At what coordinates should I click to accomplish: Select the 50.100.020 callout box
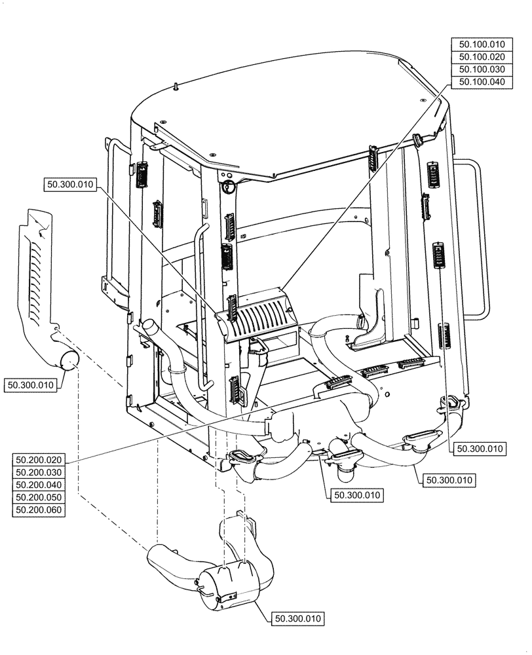click(x=481, y=57)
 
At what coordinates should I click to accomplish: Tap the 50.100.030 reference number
click(x=481, y=69)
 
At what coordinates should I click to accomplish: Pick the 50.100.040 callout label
click(x=481, y=82)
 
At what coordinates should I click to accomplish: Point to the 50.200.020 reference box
click(x=38, y=460)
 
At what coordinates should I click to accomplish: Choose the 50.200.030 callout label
click(x=38, y=473)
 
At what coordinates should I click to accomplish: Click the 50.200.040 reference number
click(x=38, y=485)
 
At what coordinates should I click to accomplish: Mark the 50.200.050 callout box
click(x=38, y=498)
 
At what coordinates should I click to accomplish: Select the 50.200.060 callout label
click(x=38, y=510)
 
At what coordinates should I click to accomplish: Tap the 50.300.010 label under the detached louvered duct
click(x=31, y=384)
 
